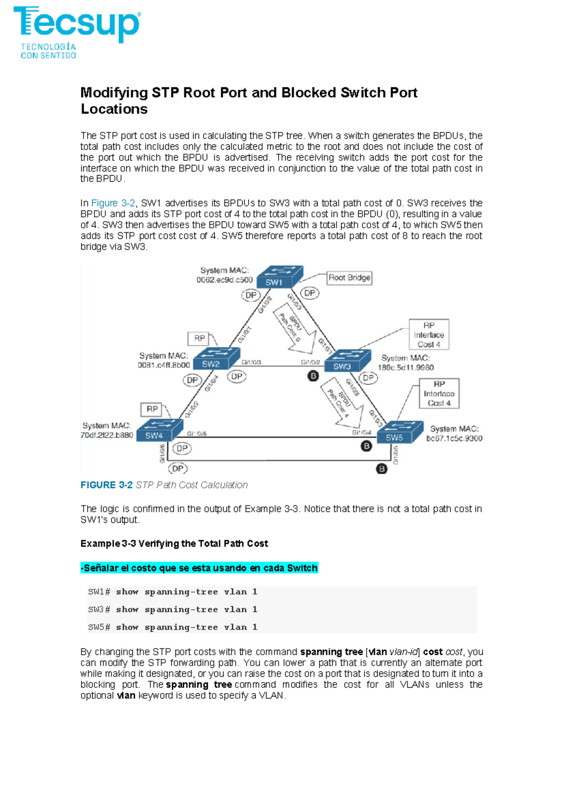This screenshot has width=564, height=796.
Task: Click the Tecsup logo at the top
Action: point(77,32)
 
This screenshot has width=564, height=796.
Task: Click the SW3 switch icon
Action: point(348,361)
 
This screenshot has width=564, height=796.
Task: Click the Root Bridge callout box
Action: point(349,278)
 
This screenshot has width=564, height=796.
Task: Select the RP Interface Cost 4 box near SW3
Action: point(429,335)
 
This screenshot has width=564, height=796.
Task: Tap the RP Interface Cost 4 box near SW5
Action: point(439,393)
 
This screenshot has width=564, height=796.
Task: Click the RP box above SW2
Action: point(199,338)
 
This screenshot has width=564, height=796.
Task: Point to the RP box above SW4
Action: point(152,409)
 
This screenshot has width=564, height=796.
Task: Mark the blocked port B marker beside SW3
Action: point(313,376)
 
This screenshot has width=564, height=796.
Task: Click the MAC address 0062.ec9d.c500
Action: point(224,280)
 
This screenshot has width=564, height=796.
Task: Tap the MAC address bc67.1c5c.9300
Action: point(454,438)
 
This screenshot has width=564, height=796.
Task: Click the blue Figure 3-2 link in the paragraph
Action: point(113,203)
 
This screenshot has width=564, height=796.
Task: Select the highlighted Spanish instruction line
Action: point(199,568)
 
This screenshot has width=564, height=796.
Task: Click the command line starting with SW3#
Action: point(172,609)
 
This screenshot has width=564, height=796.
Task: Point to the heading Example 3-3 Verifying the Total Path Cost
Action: point(174,543)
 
